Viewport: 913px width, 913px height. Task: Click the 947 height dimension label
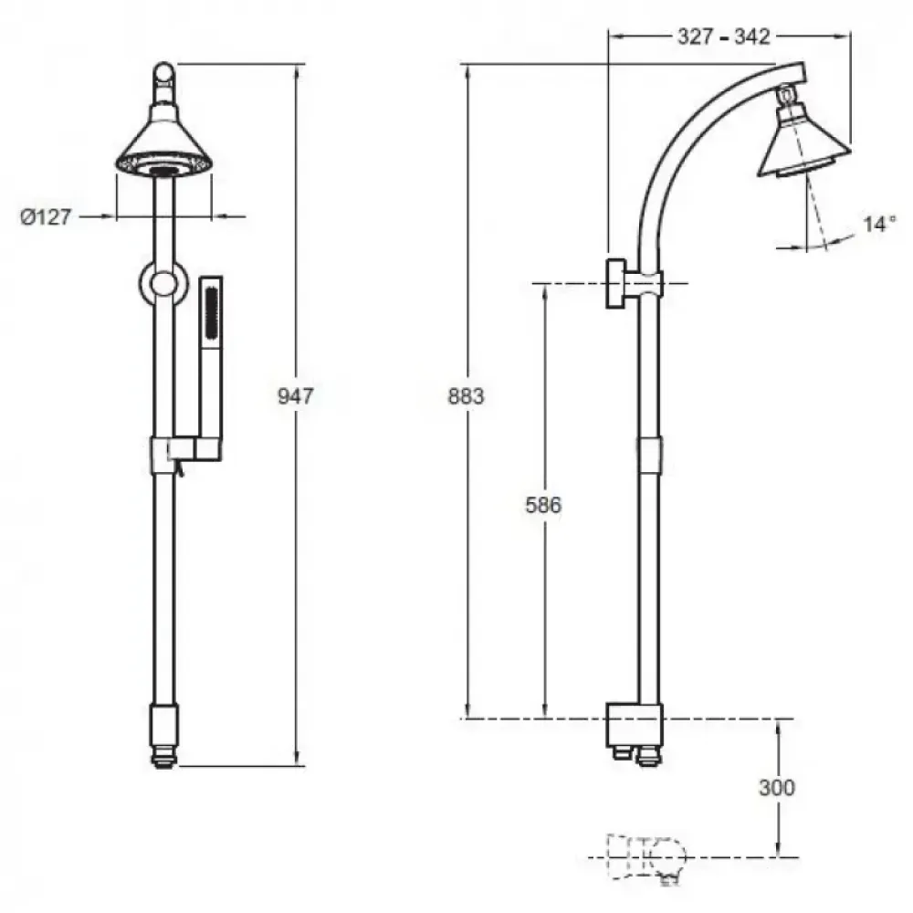coord(295,396)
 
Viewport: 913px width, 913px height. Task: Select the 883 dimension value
coord(466,396)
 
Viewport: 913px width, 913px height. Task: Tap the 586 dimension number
coord(543,505)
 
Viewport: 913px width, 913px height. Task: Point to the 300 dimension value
coord(777,787)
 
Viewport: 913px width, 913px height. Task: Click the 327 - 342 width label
coord(724,37)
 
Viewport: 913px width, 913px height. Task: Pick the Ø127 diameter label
coord(46,217)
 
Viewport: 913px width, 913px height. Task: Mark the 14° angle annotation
coord(879,223)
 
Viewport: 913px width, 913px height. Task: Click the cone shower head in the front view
coord(163,145)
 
